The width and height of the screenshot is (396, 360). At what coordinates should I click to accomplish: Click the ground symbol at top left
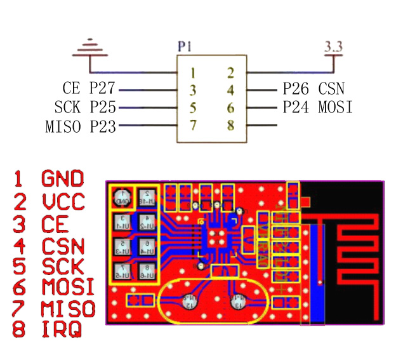coord(93,48)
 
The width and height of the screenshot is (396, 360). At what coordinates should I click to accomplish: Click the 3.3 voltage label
coord(333,46)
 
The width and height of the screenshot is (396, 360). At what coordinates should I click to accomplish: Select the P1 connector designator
coord(185,46)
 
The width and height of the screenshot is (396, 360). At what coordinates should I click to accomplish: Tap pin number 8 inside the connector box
coord(231,126)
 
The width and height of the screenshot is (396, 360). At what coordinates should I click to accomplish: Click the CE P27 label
coord(89,90)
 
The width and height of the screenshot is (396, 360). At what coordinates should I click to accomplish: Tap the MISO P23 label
coord(81,126)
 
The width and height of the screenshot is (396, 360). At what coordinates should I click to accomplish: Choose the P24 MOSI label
coord(317,107)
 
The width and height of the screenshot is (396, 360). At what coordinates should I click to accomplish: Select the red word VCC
coord(63,201)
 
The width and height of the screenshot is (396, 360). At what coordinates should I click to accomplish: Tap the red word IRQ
coord(62,330)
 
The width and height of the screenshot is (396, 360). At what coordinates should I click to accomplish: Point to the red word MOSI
coord(68,287)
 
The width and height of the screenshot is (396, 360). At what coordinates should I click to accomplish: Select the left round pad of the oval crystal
coord(188,302)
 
